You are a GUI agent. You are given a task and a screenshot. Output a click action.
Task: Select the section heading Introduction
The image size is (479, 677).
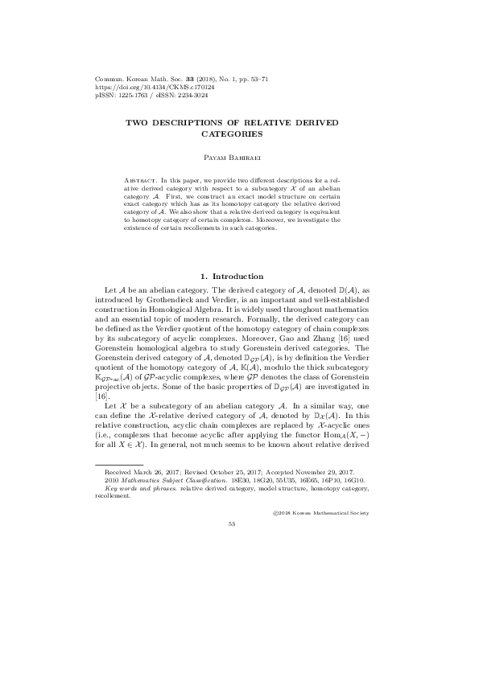(246, 276)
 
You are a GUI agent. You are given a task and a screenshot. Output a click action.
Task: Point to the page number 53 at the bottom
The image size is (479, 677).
(239, 545)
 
